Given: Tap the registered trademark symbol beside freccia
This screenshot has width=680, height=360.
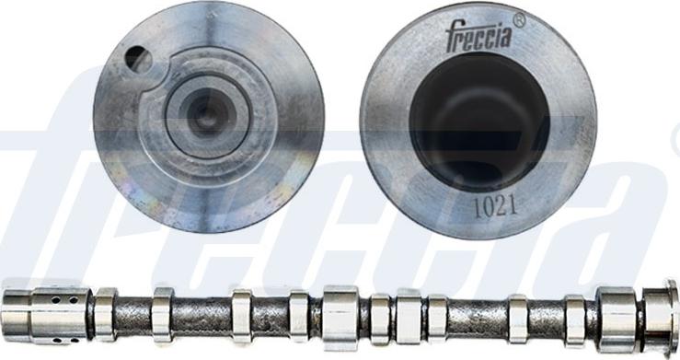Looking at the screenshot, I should point(519,19).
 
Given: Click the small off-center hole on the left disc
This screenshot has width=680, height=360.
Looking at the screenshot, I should point(137,60).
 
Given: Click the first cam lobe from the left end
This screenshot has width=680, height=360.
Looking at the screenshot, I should point(105,314).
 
